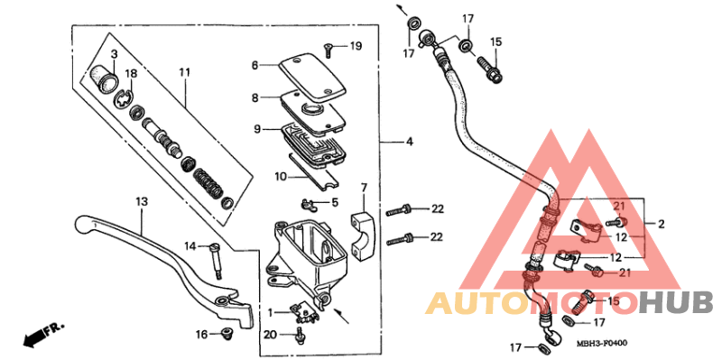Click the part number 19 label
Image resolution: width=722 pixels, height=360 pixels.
[356, 46]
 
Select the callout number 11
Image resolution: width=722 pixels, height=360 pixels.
[185, 71]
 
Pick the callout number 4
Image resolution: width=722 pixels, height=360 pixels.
[409, 143]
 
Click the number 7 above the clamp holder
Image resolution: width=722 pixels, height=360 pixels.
[364, 188]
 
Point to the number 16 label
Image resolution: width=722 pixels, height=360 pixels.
[202, 335]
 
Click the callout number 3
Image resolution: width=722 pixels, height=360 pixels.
[115, 55]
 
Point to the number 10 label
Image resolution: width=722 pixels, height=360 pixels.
[255, 176]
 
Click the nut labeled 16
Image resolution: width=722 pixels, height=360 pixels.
[226, 335]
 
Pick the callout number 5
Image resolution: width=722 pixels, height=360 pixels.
[334, 203]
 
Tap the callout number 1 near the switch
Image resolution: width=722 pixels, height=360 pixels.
[269, 312]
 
